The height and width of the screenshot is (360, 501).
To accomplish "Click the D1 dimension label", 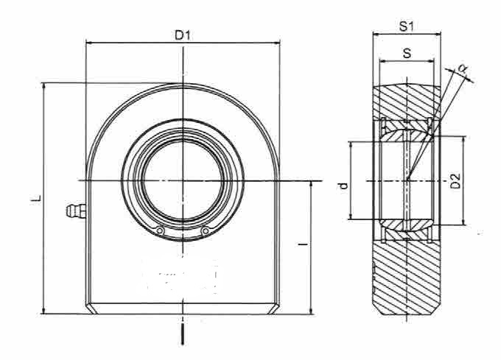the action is (183, 35).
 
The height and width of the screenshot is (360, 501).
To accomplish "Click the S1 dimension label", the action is (407, 27).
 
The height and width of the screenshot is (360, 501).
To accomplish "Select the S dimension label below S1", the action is (407, 53).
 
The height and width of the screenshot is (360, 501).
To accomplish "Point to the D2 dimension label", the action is (455, 181).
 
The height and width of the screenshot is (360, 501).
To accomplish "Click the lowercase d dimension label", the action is (343, 186).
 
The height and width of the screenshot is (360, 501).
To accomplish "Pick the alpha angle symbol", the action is (462, 68).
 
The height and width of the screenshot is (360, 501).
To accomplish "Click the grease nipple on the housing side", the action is (76, 211).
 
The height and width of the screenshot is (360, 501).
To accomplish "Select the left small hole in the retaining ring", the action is (160, 230).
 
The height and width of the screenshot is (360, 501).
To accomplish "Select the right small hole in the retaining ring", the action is (206, 230).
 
